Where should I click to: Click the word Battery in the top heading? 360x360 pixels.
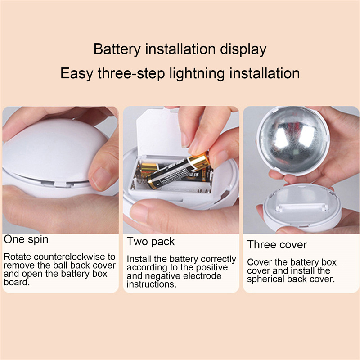tap(117, 49)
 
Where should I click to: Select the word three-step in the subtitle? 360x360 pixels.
tap(131, 74)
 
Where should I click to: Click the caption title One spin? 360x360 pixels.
tap(26, 240)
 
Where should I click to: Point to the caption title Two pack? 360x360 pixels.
tap(151, 242)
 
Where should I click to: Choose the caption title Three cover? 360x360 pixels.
tap(277, 245)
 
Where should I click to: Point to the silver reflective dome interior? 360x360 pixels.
tap(293, 140)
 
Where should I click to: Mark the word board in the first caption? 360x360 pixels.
tap(17, 282)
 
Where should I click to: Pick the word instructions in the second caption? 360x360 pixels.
tap(151, 284)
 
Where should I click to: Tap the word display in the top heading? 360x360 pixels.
tap(243, 49)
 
